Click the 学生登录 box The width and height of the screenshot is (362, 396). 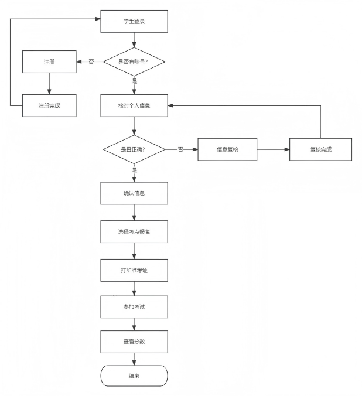[134, 21]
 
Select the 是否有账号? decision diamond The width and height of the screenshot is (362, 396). [134, 62]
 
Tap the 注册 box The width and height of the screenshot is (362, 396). [49, 62]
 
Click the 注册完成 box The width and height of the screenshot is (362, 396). [49, 105]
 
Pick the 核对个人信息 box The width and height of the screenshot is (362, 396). [134, 105]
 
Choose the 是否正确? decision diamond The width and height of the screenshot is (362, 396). [134, 149]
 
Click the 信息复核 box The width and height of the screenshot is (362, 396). [227, 149]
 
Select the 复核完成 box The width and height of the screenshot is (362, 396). [320, 149]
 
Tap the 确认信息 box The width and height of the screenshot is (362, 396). [134, 193]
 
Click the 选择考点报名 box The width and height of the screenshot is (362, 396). [134, 231]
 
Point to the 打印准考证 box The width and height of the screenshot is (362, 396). [134, 270]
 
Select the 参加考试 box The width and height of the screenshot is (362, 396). [134, 307]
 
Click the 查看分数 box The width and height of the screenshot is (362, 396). [134, 342]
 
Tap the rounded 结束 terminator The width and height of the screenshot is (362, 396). [134, 376]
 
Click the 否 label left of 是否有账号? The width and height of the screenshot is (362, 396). [91, 62]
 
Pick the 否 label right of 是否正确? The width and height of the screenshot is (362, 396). [180, 149]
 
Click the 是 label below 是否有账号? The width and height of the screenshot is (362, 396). [134, 81]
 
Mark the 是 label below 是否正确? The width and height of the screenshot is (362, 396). [134, 170]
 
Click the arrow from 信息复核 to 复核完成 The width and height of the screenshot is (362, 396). [274, 149]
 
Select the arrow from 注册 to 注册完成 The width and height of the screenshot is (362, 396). [49, 84]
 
